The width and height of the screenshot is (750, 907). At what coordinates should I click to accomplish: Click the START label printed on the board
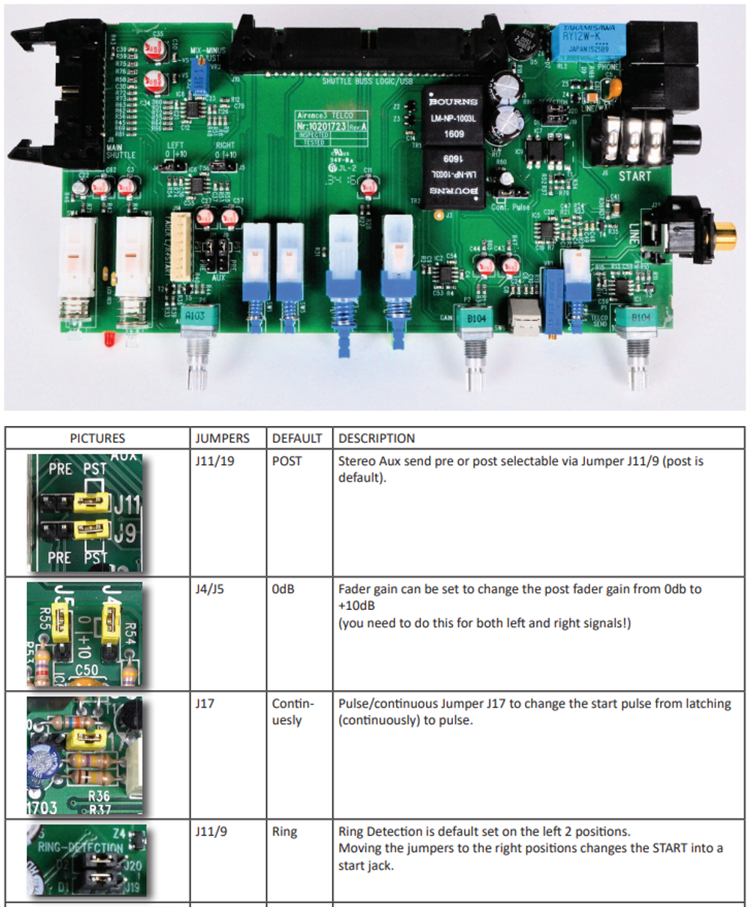coord(634,176)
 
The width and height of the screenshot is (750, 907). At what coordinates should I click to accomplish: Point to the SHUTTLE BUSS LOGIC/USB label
coord(367,81)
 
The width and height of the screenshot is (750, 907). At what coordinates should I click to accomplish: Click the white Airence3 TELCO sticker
coord(332,128)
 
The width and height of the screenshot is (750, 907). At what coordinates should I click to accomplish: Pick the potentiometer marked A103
coord(193,317)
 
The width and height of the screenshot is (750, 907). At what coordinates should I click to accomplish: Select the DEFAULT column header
coord(297,438)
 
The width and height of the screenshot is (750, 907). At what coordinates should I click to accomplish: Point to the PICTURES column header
coord(97,438)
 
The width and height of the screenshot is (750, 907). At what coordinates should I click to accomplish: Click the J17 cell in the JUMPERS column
coord(204,704)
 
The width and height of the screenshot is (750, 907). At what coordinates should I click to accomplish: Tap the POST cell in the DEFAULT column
coord(286,461)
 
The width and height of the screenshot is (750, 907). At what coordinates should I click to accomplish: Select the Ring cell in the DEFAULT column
coord(284,832)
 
